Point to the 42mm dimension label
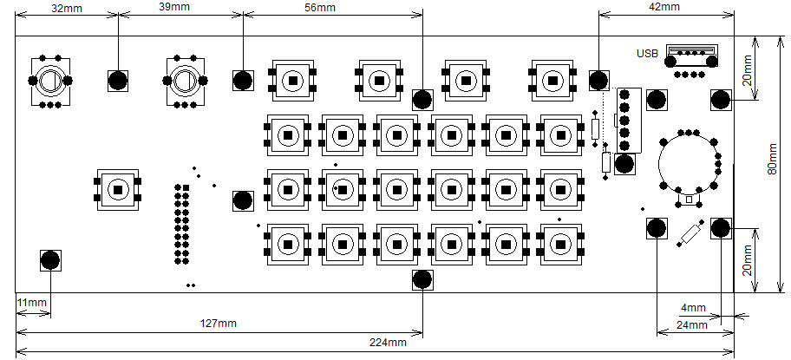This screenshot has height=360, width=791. (x=664, y=7)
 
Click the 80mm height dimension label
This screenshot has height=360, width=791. (x=774, y=164)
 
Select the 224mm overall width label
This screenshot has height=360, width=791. (x=387, y=343)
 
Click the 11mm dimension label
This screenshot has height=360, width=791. (x=31, y=303)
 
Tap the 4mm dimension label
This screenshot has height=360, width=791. (x=693, y=308)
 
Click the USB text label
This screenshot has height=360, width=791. (x=647, y=53)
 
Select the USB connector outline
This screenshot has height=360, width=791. (x=690, y=55)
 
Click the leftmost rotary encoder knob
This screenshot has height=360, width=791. (x=49, y=82)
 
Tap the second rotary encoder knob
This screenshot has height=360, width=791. (x=184, y=82)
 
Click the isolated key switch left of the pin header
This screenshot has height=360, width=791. (x=118, y=188)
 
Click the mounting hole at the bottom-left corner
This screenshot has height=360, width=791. (x=51, y=260)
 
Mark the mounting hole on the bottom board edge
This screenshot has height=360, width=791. (x=422, y=279)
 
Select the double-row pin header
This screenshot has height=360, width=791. (x=182, y=223)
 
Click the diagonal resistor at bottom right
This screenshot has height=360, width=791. (x=690, y=234)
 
